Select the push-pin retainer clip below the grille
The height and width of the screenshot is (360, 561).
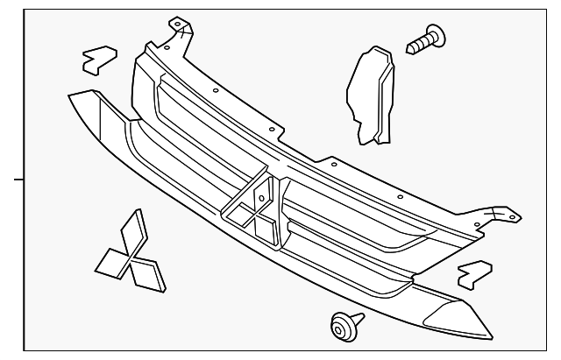(x=342, y=326)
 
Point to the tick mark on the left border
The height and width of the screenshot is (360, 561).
(x=13, y=180)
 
